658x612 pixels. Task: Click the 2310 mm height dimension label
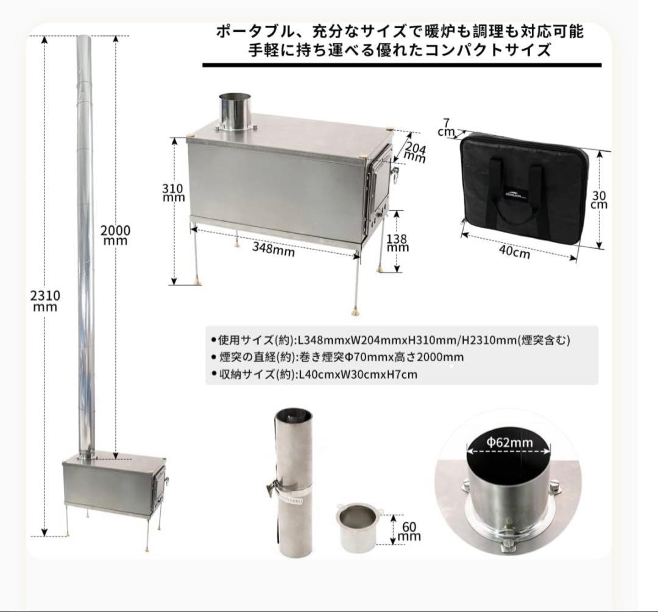pos(45,301)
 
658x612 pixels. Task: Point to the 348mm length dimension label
pos(273,248)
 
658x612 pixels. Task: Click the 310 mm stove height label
pos(174,193)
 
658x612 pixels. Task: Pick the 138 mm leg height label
pos(398,243)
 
